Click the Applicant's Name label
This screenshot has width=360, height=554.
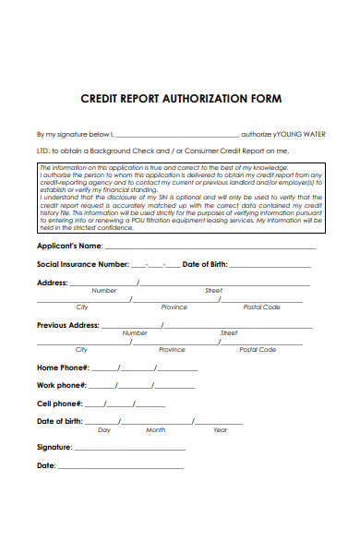[69, 247]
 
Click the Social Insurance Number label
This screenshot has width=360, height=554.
[82, 264]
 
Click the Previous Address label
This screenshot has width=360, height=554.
[67, 325]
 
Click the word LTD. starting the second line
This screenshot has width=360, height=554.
[43, 150]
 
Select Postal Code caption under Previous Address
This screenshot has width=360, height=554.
[258, 350]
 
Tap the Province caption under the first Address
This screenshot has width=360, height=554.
[174, 307]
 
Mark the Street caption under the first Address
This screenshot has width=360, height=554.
[213, 290]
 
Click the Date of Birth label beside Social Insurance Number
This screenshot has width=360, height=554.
[204, 264]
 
